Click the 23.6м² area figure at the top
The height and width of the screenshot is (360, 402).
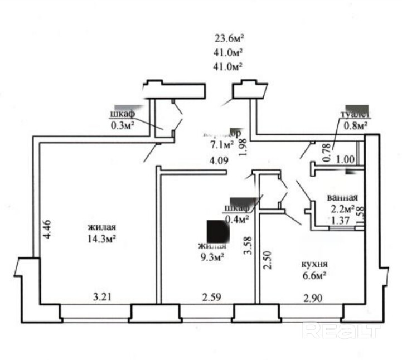tap(230, 39)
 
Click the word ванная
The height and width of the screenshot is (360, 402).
tap(343, 197)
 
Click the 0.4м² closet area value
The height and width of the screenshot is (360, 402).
tap(236, 219)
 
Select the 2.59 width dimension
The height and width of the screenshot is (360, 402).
tap(211, 297)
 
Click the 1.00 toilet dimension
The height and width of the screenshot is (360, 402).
tap(345, 159)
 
